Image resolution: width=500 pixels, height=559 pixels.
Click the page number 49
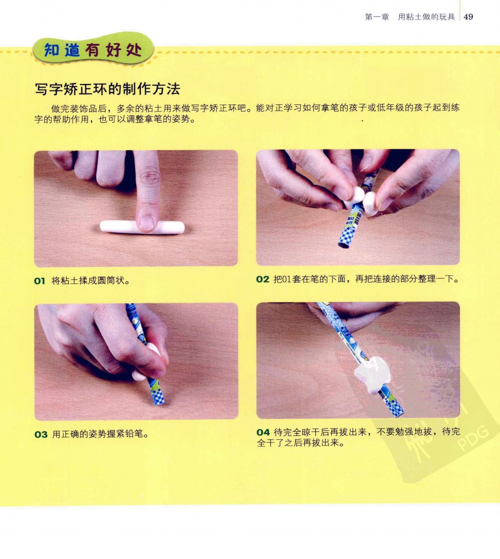tap(468, 17)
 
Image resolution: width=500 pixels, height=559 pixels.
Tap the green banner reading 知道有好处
tap(93, 50)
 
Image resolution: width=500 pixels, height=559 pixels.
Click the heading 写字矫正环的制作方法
tap(107, 89)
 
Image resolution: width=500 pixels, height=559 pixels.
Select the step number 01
tap(40, 281)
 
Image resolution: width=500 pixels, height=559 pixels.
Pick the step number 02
tap(262, 279)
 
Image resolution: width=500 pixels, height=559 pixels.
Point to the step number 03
tap(41, 434)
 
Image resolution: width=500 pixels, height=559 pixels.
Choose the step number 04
tap(263, 432)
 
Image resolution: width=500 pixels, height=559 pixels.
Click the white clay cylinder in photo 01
tap(142, 227)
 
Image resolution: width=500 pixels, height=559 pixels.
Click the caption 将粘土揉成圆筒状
tap(91, 281)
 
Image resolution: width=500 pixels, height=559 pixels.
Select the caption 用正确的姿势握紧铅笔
tap(100, 434)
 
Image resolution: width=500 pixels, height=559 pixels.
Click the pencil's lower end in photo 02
tap(343, 245)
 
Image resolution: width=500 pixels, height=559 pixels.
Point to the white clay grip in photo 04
tap(372, 375)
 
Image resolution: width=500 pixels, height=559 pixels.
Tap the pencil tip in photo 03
tap(160, 403)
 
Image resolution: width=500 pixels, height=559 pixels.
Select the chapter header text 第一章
tap(377, 17)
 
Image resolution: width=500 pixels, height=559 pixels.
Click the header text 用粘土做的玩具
tap(426, 17)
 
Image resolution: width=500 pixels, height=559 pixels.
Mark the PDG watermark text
tap(473, 439)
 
